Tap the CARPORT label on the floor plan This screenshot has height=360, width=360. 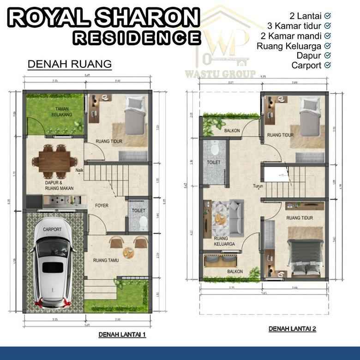pos(52,228)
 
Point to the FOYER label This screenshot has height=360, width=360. pos(102,205)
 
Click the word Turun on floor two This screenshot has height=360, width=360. pos(258,186)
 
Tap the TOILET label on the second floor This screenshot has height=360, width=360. pos(214,162)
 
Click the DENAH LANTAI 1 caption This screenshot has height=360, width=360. pos(122,335)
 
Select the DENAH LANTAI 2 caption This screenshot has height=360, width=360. pos(293,329)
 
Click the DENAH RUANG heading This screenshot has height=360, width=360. pos(70,64)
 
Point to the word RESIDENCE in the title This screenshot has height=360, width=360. pos(137,38)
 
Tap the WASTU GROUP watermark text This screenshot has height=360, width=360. pos(221,74)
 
